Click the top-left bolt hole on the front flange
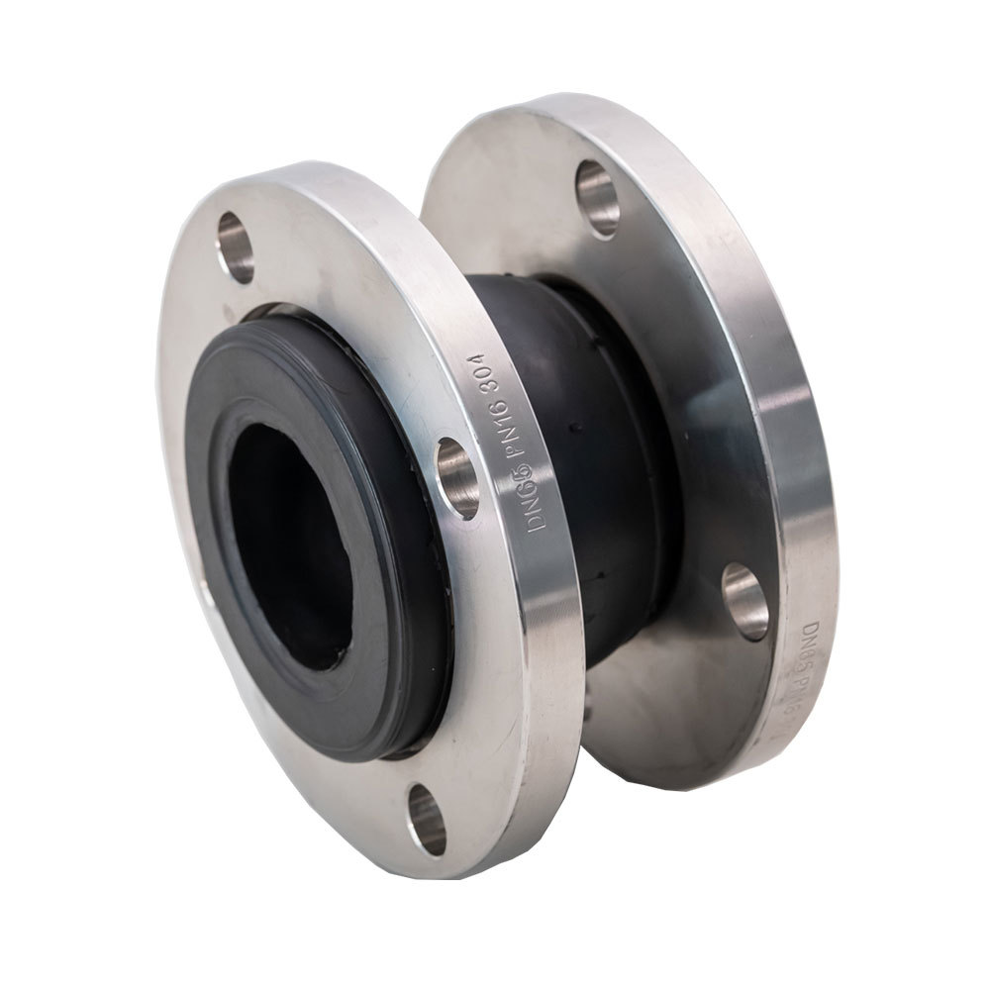[x=236, y=247]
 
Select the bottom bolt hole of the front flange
[x=427, y=819]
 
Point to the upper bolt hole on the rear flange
[x=598, y=197]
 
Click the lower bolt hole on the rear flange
[x=744, y=601]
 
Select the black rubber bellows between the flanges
[x=584, y=445]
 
